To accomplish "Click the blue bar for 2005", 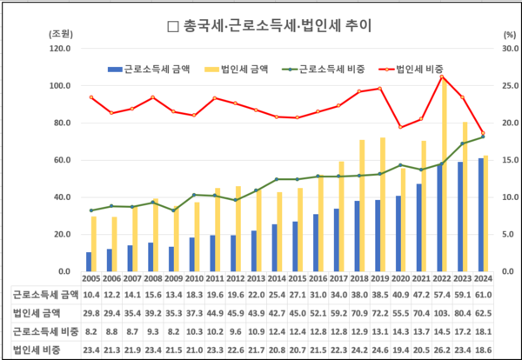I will click(88, 262).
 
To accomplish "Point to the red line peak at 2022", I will click(443, 77).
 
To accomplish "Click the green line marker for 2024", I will click(483, 137).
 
